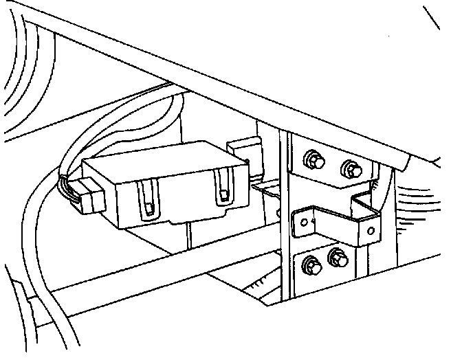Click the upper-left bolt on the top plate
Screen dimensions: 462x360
tap(313, 160)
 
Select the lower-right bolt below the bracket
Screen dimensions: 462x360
tap(337, 259)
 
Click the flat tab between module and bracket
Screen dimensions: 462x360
tap(265, 188)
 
